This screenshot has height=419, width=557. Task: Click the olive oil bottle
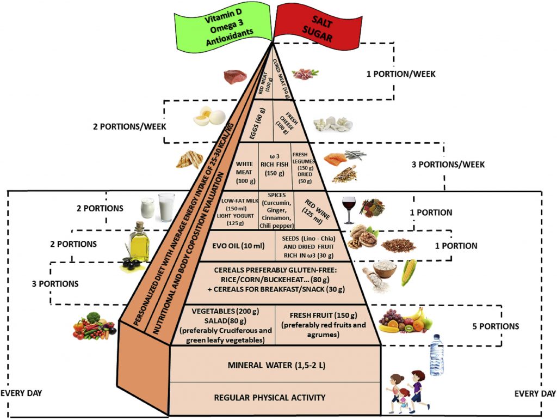[139, 244]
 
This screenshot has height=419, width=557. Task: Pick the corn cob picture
[409, 272]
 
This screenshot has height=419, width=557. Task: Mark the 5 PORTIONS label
[495, 327]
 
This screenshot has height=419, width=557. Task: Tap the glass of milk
[166, 208]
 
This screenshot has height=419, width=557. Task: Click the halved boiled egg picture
[209, 116]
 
